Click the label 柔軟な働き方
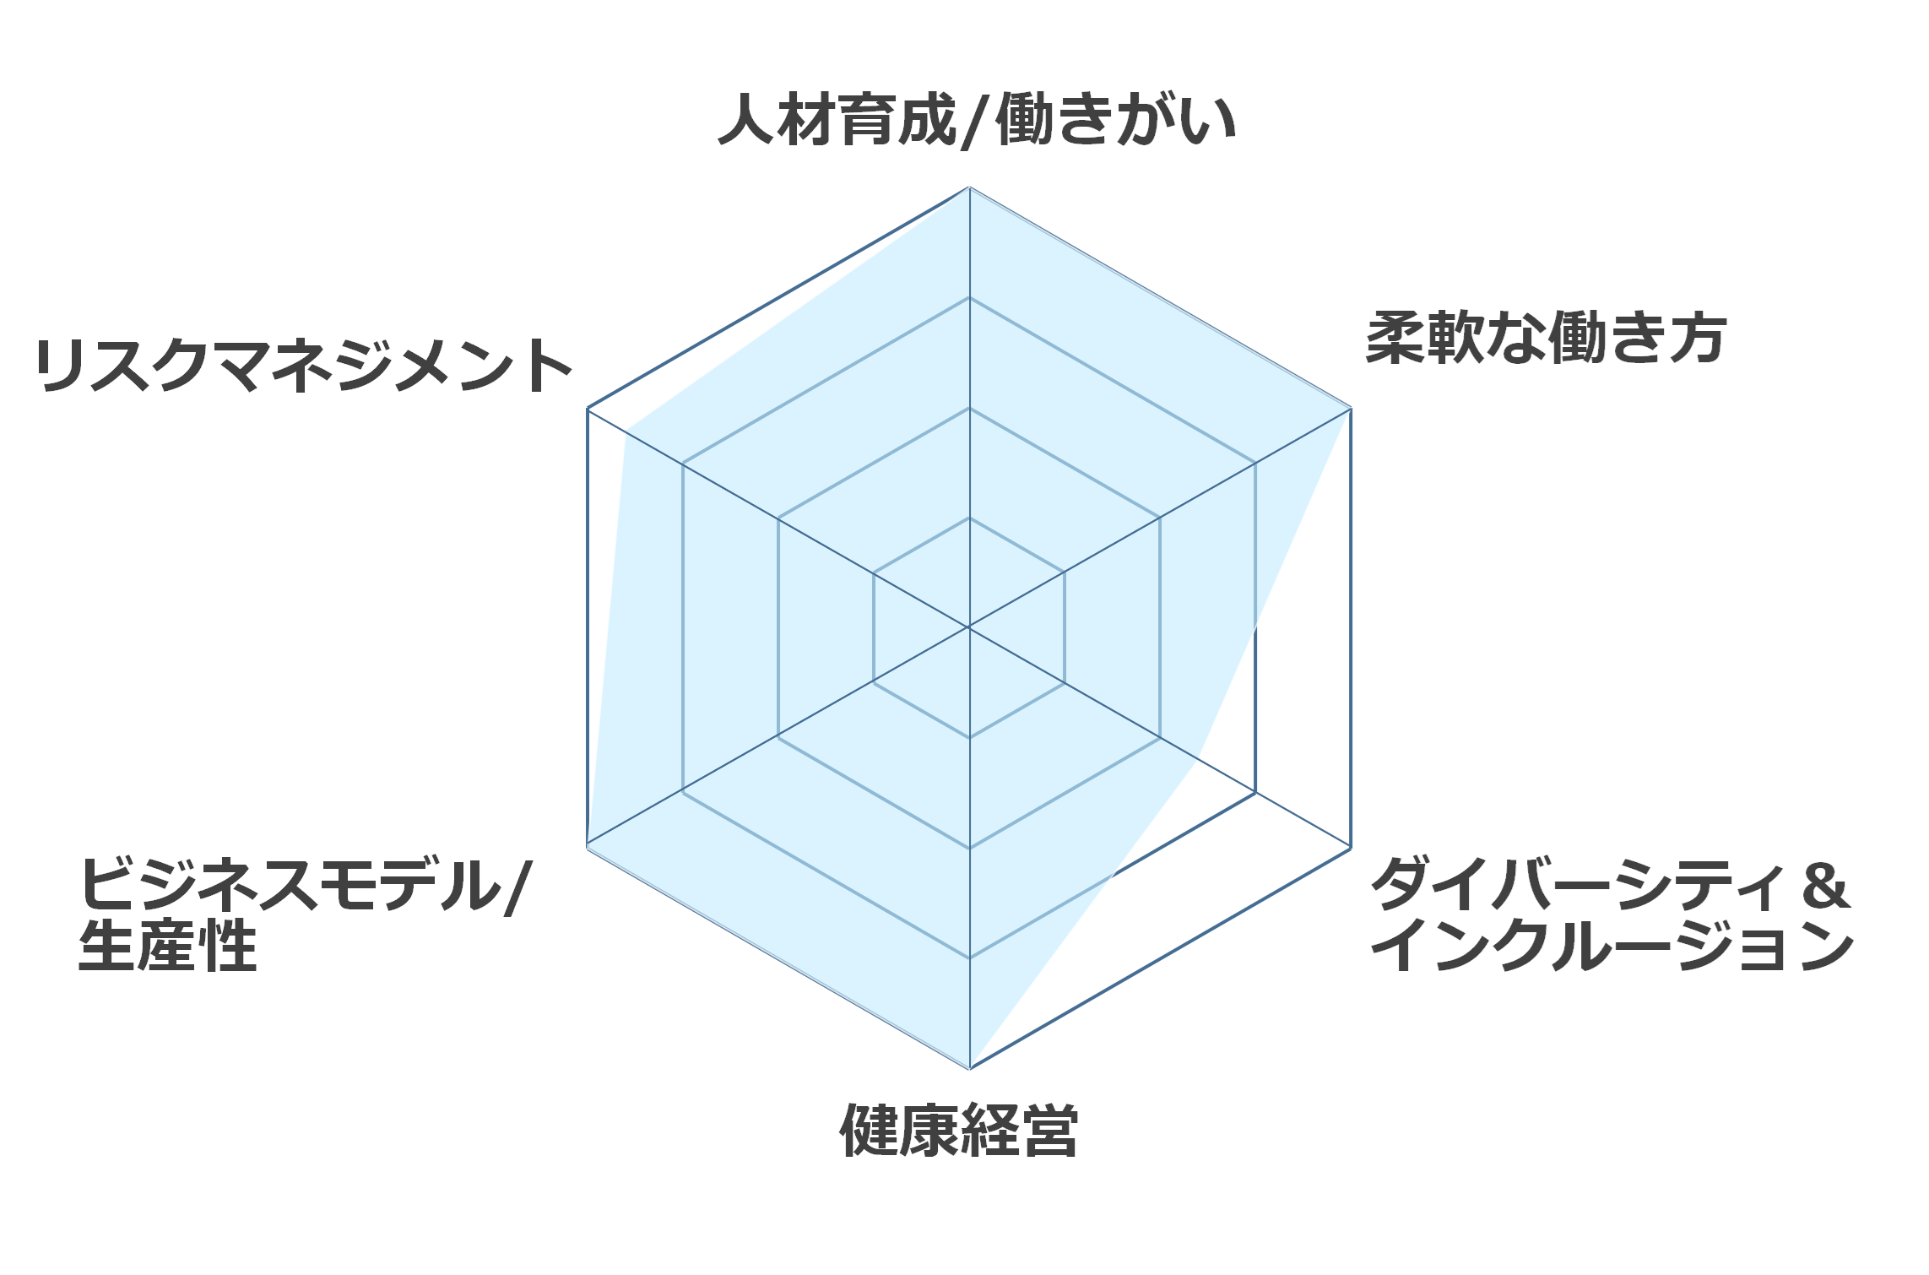[1546, 338]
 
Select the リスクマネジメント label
[304, 366]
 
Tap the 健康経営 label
[959, 1130]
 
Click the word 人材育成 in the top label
[837, 119]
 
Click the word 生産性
[168, 946]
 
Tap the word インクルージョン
[1612, 946]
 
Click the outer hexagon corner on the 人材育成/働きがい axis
[969, 187]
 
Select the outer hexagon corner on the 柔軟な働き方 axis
[1351, 409]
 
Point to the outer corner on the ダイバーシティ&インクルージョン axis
[1351, 848]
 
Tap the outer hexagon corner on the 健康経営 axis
[969, 1068]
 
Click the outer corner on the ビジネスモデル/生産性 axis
[588, 847]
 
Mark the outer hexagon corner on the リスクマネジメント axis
[588, 409]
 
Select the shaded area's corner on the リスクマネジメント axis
[626, 430]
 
